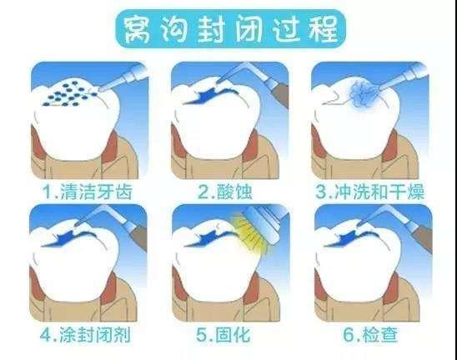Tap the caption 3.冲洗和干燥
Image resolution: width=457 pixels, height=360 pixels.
click(371, 192)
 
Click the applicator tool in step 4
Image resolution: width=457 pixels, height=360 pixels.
click(108, 218)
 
